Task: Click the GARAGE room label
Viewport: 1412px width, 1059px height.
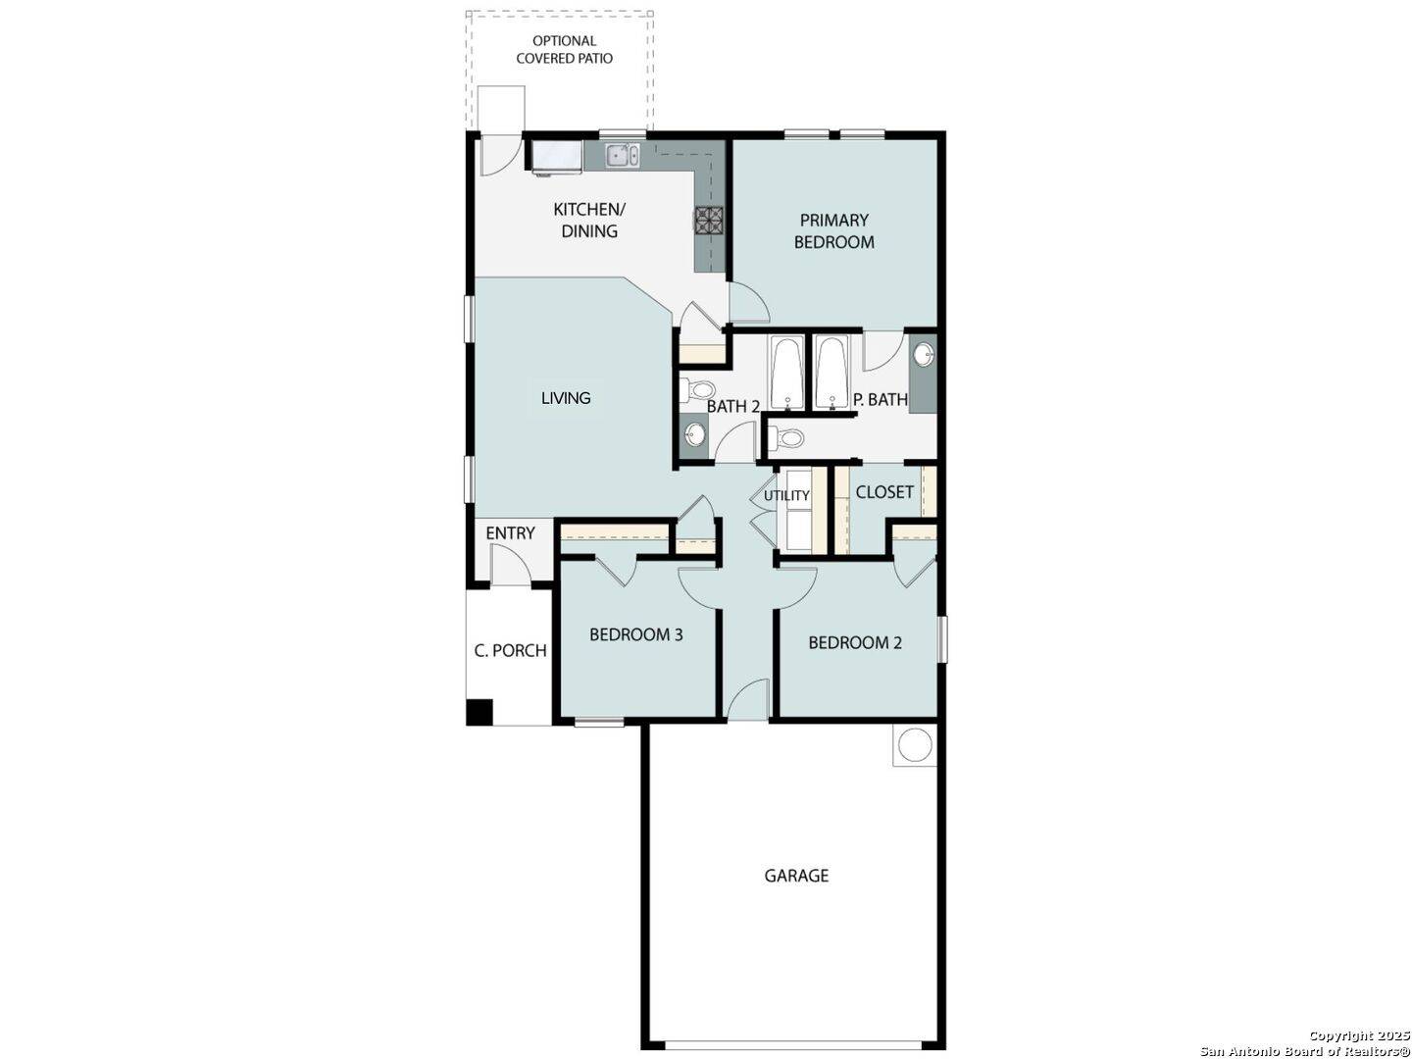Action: tap(796, 876)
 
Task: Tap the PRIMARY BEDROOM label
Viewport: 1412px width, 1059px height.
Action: tap(833, 230)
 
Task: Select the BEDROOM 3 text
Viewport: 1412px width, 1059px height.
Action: tap(635, 634)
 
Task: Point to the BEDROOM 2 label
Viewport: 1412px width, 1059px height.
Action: tap(855, 642)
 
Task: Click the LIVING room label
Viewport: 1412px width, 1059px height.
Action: tap(566, 398)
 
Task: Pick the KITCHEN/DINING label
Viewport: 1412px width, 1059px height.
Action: tap(589, 220)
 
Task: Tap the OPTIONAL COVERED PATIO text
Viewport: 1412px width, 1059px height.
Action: tap(564, 49)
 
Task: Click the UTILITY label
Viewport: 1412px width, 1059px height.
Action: tap(786, 496)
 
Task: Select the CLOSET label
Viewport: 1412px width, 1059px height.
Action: tap(884, 492)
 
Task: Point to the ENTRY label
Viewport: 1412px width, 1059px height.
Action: tap(510, 533)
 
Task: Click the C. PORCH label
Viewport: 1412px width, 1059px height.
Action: tap(510, 651)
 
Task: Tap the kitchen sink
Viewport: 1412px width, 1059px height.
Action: tap(622, 155)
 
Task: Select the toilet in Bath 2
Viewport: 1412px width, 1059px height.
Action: tap(697, 389)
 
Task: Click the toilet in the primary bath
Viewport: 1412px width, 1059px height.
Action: tap(786, 439)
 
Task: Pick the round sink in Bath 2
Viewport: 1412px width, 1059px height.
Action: tap(693, 434)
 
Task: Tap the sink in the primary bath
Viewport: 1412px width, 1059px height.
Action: tap(924, 354)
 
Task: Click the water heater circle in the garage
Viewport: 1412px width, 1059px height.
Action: tap(914, 745)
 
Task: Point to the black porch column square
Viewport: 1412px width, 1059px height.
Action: tap(479, 712)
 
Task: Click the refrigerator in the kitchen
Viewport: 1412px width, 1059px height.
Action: tap(556, 157)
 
